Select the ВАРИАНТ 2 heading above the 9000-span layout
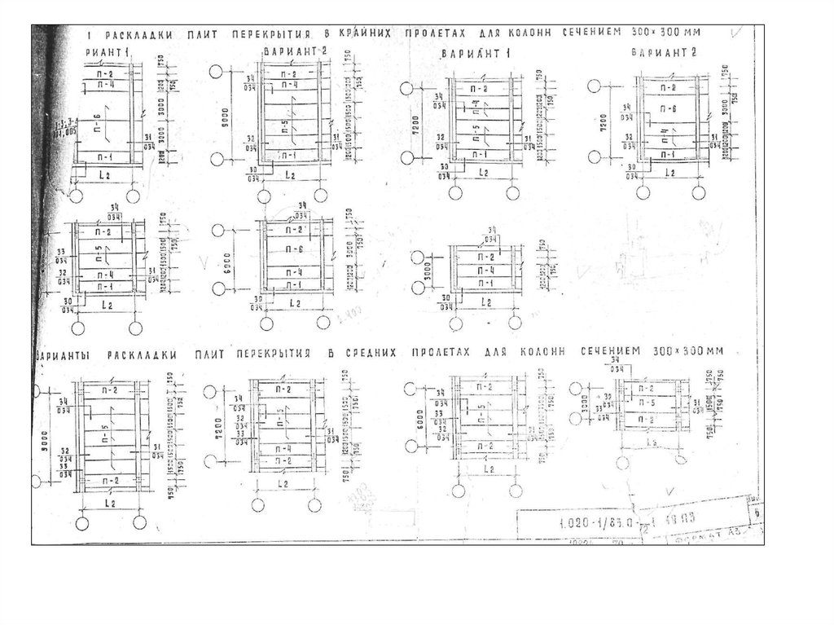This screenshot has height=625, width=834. [x=296, y=52]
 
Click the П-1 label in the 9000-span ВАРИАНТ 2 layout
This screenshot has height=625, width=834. [x=289, y=152]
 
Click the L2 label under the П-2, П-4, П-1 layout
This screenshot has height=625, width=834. [x=485, y=302]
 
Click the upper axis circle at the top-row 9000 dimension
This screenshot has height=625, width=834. [x=216, y=71]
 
